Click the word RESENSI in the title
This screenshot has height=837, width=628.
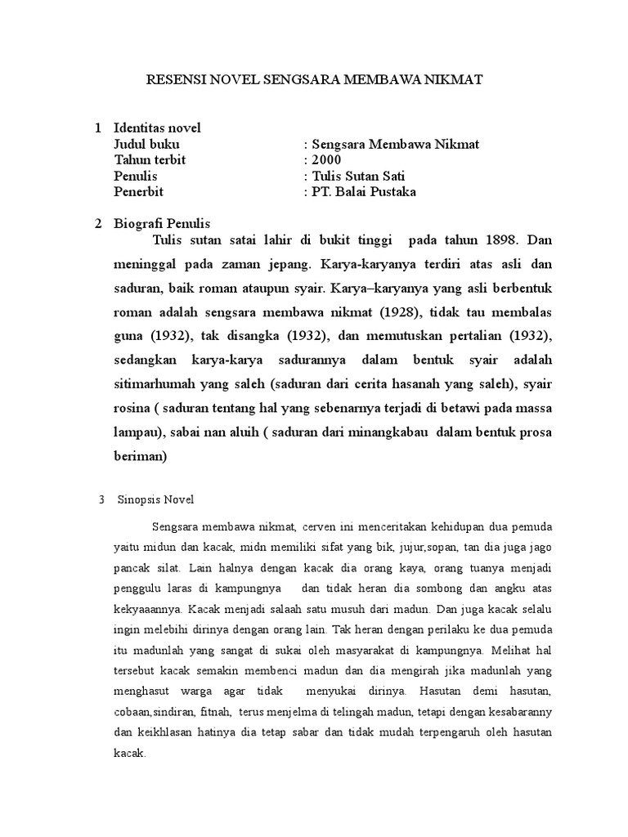(x=173, y=80)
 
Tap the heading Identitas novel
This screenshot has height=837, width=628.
(x=157, y=128)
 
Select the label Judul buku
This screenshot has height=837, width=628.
(x=146, y=145)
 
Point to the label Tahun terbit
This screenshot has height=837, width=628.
(x=150, y=160)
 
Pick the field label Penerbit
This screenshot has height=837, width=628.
(x=139, y=192)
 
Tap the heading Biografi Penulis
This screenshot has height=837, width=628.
(x=162, y=224)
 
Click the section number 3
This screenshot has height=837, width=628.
(x=100, y=499)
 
